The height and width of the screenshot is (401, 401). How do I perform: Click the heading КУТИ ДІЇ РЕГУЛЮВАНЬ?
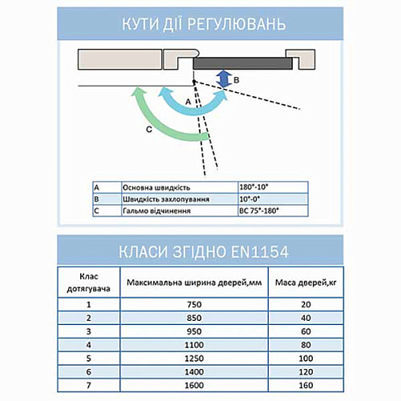200,22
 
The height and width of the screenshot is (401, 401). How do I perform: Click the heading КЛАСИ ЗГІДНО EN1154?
200,252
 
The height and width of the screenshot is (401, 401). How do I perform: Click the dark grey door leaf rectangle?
240,61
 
